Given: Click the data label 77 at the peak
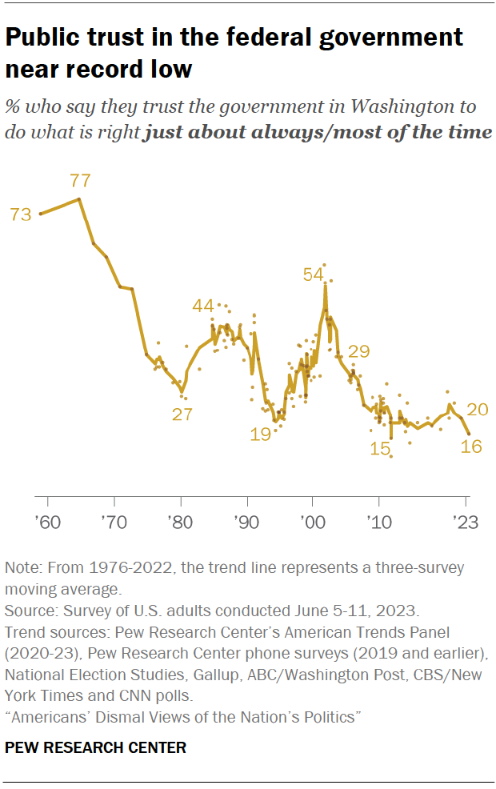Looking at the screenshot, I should pyautogui.click(x=80, y=180).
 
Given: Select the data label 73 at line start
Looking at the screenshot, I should pyautogui.click(x=20, y=214).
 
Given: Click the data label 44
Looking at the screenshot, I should pyautogui.click(x=204, y=306).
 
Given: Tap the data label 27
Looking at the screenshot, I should pyautogui.click(x=182, y=414).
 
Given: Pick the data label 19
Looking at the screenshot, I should pyautogui.click(x=260, y=435).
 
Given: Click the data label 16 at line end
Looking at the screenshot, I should pyautogui.click(x=471, y=447).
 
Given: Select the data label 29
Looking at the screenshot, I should pyautogui.click(x=359, y=351).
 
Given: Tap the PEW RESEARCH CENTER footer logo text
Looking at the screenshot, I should pyautogui.click(x=95, y=748).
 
